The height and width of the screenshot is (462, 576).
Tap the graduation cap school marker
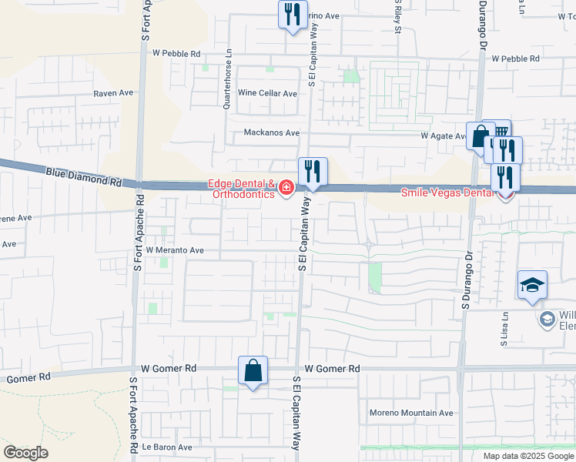(532, 286)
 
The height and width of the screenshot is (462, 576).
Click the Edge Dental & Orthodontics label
(242, 189)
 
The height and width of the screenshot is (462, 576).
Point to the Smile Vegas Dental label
(447, 193)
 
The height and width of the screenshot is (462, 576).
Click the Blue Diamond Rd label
(84, 178)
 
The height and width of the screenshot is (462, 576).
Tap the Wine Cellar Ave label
(267, 93)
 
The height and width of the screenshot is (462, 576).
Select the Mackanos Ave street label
(271, 132)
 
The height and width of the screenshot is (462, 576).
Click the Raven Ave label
(113, 92)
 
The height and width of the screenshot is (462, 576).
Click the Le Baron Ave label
(166, 447)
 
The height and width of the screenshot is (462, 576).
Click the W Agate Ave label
(444, 136)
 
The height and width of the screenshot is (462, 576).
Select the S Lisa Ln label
(504, 329)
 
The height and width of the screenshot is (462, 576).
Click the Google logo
(26, 453)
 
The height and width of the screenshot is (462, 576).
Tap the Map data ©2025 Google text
(527, 456)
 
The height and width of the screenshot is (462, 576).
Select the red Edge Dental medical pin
(286, 187)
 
